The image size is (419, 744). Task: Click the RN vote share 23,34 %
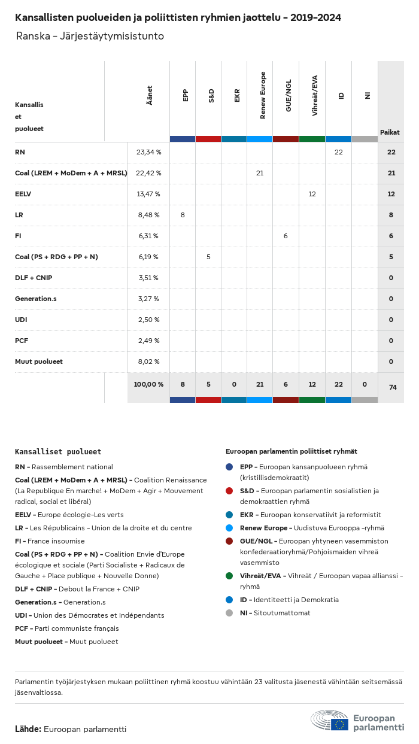pyautogui.click(x=148, y=152)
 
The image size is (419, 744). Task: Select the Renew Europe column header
pyautogui.click(x=263, y=95)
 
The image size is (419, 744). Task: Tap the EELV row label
pyautogui.click(x=23, y=194)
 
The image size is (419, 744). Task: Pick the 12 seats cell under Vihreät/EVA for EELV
pyautogui.click(x=312, y=194)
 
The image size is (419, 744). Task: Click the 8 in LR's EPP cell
pyautogui.click(x=183, y=215)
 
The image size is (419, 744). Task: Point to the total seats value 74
pyautogui.click(x=393, y=387)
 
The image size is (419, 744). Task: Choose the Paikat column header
pyautogui.click(x=390, y=132)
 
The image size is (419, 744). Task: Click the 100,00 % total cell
pyautogui.click(x=148, y=384)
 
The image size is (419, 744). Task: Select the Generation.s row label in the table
pyautogui.click(x=36, y=299)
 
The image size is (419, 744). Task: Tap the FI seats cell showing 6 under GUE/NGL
pyautogui.click(x=286, y=236)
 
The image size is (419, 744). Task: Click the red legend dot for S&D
pyautogui.click(x=229, y=491)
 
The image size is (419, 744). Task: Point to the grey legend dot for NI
pyautogui.click(x=229, y=613)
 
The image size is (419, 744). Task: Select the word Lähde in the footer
pyautogui.click(x=28, y=729)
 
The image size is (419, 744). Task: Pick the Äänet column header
pyautogui.click(x=150, y=95)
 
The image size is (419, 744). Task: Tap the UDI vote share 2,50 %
pyautogui.click(x=148, y=320)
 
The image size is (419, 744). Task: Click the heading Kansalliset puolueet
pyautogui.click(x=58, y=452)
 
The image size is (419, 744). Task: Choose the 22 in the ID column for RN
pyautogui.click(x=338, y=152)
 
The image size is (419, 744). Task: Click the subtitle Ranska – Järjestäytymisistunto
pyautogui.click(x=90, y=37)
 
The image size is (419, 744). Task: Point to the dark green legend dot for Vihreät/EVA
pyautogui.click(x=229, y=576)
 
